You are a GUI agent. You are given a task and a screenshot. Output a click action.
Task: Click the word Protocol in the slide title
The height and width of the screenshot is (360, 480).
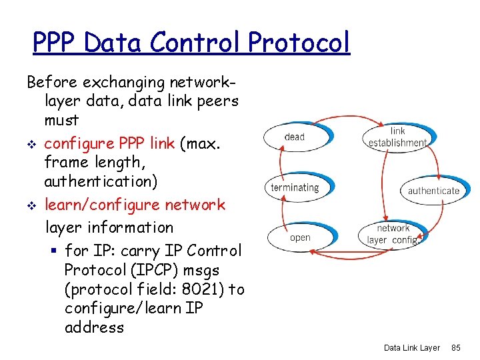pyautogui.click(x=299, y=43)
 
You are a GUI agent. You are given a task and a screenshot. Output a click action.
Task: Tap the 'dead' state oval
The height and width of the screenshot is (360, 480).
pyautogui.click(x=294, y=137)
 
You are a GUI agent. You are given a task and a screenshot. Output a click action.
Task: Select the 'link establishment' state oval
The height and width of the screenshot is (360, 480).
pyautogui.click(x=397, y=137)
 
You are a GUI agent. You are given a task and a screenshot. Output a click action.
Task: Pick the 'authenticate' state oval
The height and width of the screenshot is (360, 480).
pyautogui.click(x=433, y=191)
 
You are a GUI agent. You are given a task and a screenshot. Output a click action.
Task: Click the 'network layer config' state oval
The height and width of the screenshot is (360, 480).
pyautogui.click(x=393, y=235)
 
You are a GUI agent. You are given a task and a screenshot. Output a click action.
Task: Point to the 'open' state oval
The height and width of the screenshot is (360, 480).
pyautogui.click(x=300, y=237)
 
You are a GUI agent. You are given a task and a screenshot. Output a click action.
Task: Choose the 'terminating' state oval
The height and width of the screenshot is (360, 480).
pyautogui.click(x=295, y=187)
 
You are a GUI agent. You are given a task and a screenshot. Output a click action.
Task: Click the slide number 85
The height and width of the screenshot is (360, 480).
pyautogui.click(x=457, y=348)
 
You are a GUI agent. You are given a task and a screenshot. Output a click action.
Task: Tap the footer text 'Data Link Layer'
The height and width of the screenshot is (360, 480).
pyautogui.click(x=412, y=348)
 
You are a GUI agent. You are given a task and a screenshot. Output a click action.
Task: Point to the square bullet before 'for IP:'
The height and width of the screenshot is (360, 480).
pyautogui.click(x=55, y=252)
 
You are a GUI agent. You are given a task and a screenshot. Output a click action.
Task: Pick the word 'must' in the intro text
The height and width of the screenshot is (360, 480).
pyautogui.click(x=61, y=121)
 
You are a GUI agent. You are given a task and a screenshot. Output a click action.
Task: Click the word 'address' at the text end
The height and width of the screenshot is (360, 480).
pyautogui.click(x=94, y=327)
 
